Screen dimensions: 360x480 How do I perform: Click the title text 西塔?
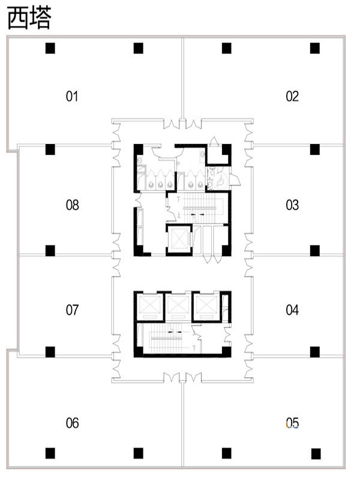coord(29,18)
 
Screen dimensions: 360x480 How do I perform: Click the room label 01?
coord(72,96)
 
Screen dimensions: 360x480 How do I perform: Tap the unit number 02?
coord(292,96)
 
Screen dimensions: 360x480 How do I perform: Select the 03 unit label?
coord(292,205)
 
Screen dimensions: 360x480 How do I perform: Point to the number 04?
coord(292,310)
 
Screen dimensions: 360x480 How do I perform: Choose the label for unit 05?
coord(292,423)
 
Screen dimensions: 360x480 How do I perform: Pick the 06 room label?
coord(72,423)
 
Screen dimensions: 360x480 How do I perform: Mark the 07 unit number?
coord(72,310)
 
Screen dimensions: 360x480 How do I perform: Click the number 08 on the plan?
coord(72,205)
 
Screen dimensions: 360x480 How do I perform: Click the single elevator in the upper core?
coord(179,239)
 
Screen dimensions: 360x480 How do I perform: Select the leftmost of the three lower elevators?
coord(149,307)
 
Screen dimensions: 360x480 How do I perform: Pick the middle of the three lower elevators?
coord(178,307)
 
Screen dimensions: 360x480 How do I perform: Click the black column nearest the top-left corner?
coord(50,48)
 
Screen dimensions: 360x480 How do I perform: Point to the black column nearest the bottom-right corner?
coord(316,454)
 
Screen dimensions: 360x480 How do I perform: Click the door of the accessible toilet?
coord(235,179)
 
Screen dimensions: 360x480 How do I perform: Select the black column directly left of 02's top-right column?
coord(227,48)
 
